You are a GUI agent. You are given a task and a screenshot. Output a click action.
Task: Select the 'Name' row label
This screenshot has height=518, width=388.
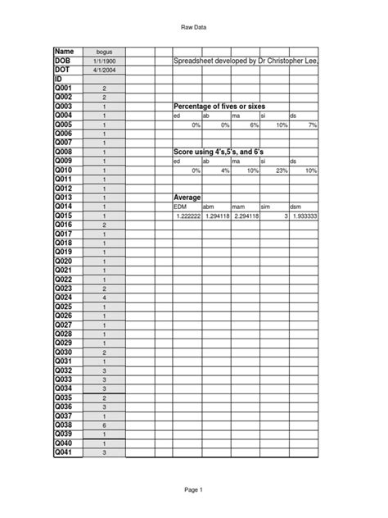pyautogui.click(x=65, y=52)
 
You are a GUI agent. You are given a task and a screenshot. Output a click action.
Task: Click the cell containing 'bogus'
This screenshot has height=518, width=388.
pyautogui.click(x=104, y=52)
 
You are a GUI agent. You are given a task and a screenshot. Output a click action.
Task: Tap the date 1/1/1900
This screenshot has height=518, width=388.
pyautogui.click(x=104, y=61)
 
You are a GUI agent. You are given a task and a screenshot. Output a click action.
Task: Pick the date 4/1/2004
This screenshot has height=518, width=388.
pyautogui.click(x=104, y=70)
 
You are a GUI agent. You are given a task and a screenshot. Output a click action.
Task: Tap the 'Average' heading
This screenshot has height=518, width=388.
pyautogui.click(x=187, y=198)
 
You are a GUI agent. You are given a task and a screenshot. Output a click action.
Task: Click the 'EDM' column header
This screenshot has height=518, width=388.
pyautogui.click(x=181, y=207)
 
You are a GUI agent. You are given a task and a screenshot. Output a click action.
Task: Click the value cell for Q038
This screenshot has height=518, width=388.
pyautogui.click(x=104, y=425)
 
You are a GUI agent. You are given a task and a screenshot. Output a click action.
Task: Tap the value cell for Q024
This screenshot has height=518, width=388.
pyautogui.click(x=104, y=298)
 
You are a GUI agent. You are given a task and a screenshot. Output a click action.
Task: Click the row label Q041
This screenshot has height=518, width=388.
pyautogui.click(x=65, y=452)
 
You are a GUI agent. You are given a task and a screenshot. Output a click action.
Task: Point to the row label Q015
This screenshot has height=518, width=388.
pyautogui.click(x=65, y=216)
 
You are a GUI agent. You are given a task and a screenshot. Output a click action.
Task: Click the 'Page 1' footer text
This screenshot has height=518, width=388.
pyautogui.click(x=193, y=489)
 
